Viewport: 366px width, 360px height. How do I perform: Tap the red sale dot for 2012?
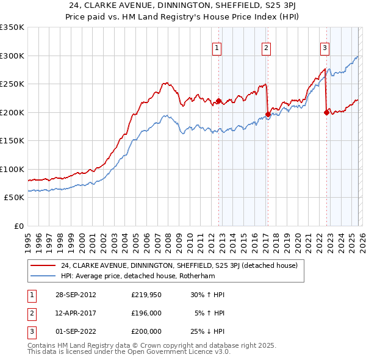click(x=218, y=101)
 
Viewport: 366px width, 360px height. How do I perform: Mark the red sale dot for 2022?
click(x=326, y=112)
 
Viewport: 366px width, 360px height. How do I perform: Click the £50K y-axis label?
click(x=13, y=198)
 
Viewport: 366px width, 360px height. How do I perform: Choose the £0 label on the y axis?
click(x=18, y=226)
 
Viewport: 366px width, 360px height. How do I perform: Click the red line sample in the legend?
click(x=42, y=265)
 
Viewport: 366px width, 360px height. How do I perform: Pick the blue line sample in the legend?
click(x=42, y=276)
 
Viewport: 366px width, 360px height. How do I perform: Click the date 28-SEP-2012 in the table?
click(x=76, y=295)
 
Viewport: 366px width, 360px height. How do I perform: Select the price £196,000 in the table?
click(x=146, y=313)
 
